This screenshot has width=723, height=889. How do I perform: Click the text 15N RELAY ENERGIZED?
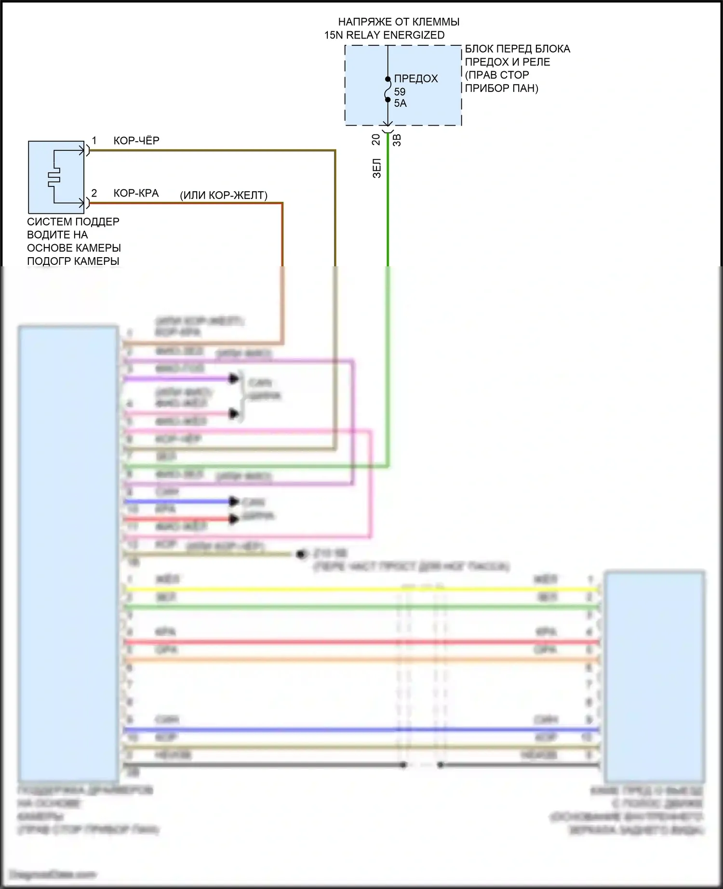coord(384,35)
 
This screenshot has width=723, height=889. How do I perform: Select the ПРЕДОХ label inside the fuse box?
coord(416,78)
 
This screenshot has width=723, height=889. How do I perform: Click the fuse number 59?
coord(400,92)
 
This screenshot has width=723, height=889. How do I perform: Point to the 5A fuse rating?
coord(400,103)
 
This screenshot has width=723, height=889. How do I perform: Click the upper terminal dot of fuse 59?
coord(388,79)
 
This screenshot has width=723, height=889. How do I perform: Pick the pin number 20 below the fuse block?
coord(376,140)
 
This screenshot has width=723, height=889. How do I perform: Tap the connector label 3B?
coord(397,140)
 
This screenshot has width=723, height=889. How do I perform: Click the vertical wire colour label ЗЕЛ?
coord(377,169)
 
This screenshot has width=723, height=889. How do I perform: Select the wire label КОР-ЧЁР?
coord(136,141)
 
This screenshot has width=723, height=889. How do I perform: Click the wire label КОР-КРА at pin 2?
coord(136,193)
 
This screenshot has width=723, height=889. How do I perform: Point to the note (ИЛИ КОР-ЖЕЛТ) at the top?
coord(224,195)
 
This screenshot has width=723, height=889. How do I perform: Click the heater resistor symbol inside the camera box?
coord(54,177)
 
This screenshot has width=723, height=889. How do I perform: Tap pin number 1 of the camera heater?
coord(94,140)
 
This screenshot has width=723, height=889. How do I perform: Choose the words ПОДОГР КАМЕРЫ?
coord(73,261)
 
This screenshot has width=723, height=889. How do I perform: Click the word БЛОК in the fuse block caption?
coord(480,49)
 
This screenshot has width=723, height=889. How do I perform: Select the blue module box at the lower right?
coord(654,674)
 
